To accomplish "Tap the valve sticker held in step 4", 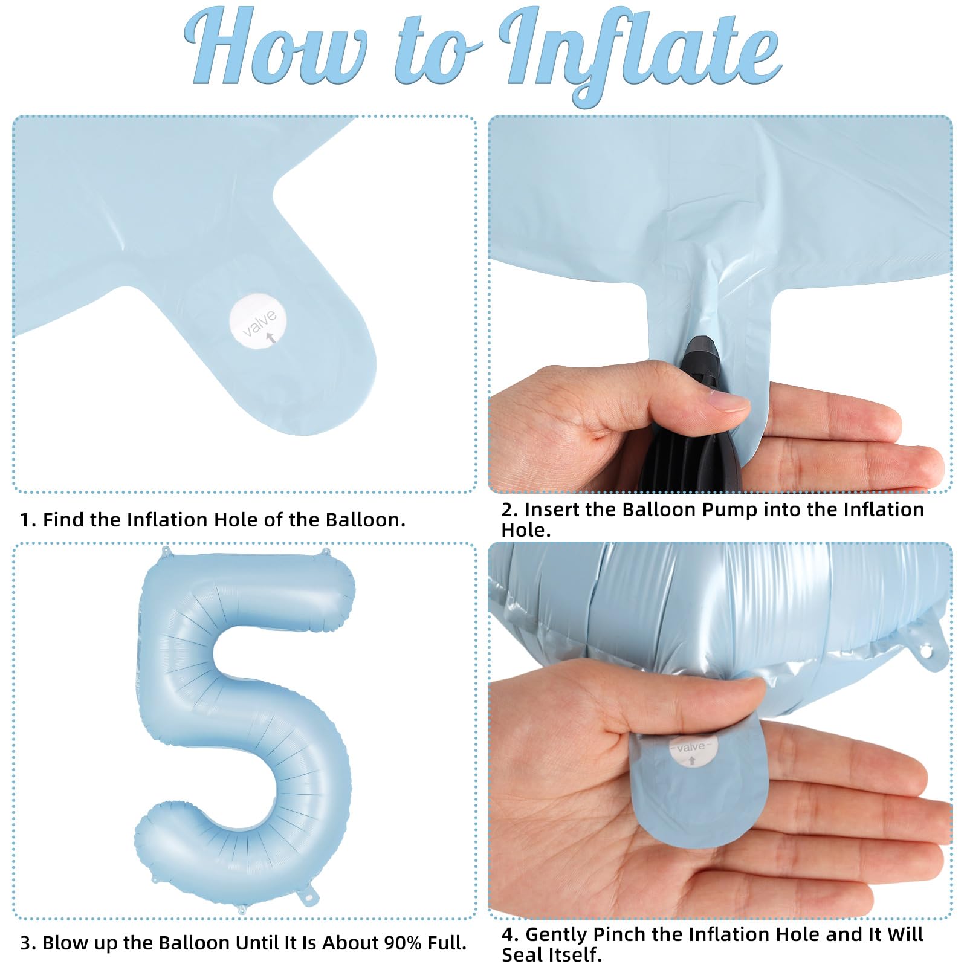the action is point(691,750).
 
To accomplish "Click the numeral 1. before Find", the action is point(28,520).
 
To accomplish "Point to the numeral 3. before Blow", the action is point(28,943).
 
